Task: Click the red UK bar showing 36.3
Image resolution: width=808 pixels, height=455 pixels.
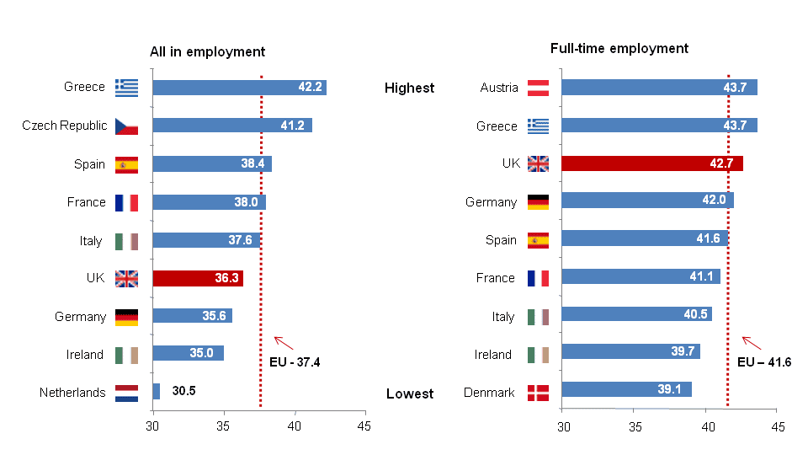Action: pos(198,279)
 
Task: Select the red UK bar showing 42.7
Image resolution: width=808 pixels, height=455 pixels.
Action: pos(651,163)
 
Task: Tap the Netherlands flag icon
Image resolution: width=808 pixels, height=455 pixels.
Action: pos(126,393)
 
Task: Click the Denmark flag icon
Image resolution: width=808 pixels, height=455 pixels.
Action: pos(538,393)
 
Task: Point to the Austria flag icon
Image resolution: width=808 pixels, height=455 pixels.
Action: pos(538,88)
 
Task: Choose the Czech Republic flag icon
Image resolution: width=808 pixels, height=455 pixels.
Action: pos(126,126)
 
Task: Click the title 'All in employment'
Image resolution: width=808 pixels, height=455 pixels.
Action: pos(207,51)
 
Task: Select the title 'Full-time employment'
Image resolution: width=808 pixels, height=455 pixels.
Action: pos(619,48)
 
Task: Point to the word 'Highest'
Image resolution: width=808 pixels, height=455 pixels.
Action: pos(409,88)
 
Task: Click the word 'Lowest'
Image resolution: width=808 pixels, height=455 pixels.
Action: pos(410,393)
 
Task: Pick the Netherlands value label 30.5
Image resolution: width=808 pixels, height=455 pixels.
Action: pos(183,392)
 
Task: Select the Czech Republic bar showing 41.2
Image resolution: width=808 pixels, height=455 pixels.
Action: pos(232,126)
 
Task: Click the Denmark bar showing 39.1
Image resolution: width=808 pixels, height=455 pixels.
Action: pos(626,389)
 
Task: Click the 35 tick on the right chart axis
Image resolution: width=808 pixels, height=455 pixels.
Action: pos(634,427)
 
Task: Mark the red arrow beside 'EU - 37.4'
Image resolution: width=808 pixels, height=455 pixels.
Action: pos(284,342)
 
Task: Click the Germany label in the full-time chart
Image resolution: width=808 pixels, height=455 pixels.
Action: pos(491,202)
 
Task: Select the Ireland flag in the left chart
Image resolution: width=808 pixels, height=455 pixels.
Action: pos(126,355)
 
